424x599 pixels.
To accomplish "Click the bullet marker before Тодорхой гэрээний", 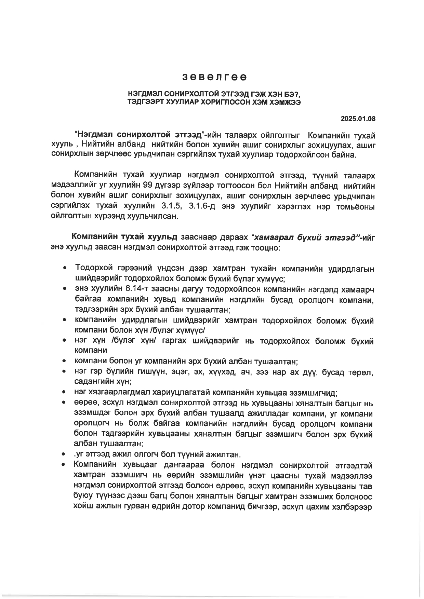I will (x=64, y=268).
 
